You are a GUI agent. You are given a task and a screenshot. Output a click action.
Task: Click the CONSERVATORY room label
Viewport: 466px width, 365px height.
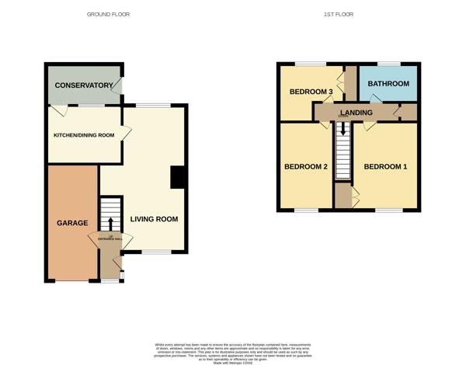coord(82,85)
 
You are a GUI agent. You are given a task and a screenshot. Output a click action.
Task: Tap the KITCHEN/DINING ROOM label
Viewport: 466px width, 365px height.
coord(83,135)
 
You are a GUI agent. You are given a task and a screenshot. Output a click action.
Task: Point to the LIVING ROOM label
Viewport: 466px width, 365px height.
coord(154,219)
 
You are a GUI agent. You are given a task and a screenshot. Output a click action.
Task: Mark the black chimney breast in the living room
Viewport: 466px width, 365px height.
coord(177,178)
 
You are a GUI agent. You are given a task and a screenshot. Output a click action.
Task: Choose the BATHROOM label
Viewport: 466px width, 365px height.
coord(388,83)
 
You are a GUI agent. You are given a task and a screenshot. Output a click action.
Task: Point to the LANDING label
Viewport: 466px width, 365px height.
coord(356,113)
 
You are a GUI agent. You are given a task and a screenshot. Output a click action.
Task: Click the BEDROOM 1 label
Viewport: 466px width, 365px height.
coord(385,166)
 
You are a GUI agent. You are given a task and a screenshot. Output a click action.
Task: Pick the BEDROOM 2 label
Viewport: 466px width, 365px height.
coord(306,166)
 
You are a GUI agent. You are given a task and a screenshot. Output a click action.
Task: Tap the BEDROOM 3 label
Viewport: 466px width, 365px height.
coord(311,92)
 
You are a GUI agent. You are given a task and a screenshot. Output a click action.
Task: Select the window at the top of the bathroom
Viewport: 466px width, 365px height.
coord(388,63)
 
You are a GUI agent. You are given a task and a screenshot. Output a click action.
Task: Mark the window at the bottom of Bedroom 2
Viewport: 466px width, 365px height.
coord(306,210)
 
